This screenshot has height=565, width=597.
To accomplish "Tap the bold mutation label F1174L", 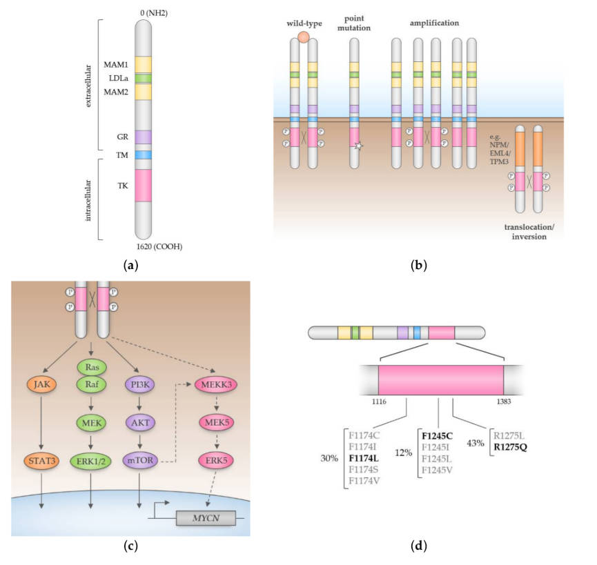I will (x=366, y=456).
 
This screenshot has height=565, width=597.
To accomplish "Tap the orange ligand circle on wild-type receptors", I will (x=303, y=37).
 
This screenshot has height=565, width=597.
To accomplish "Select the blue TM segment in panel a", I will (x=143, y=156).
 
